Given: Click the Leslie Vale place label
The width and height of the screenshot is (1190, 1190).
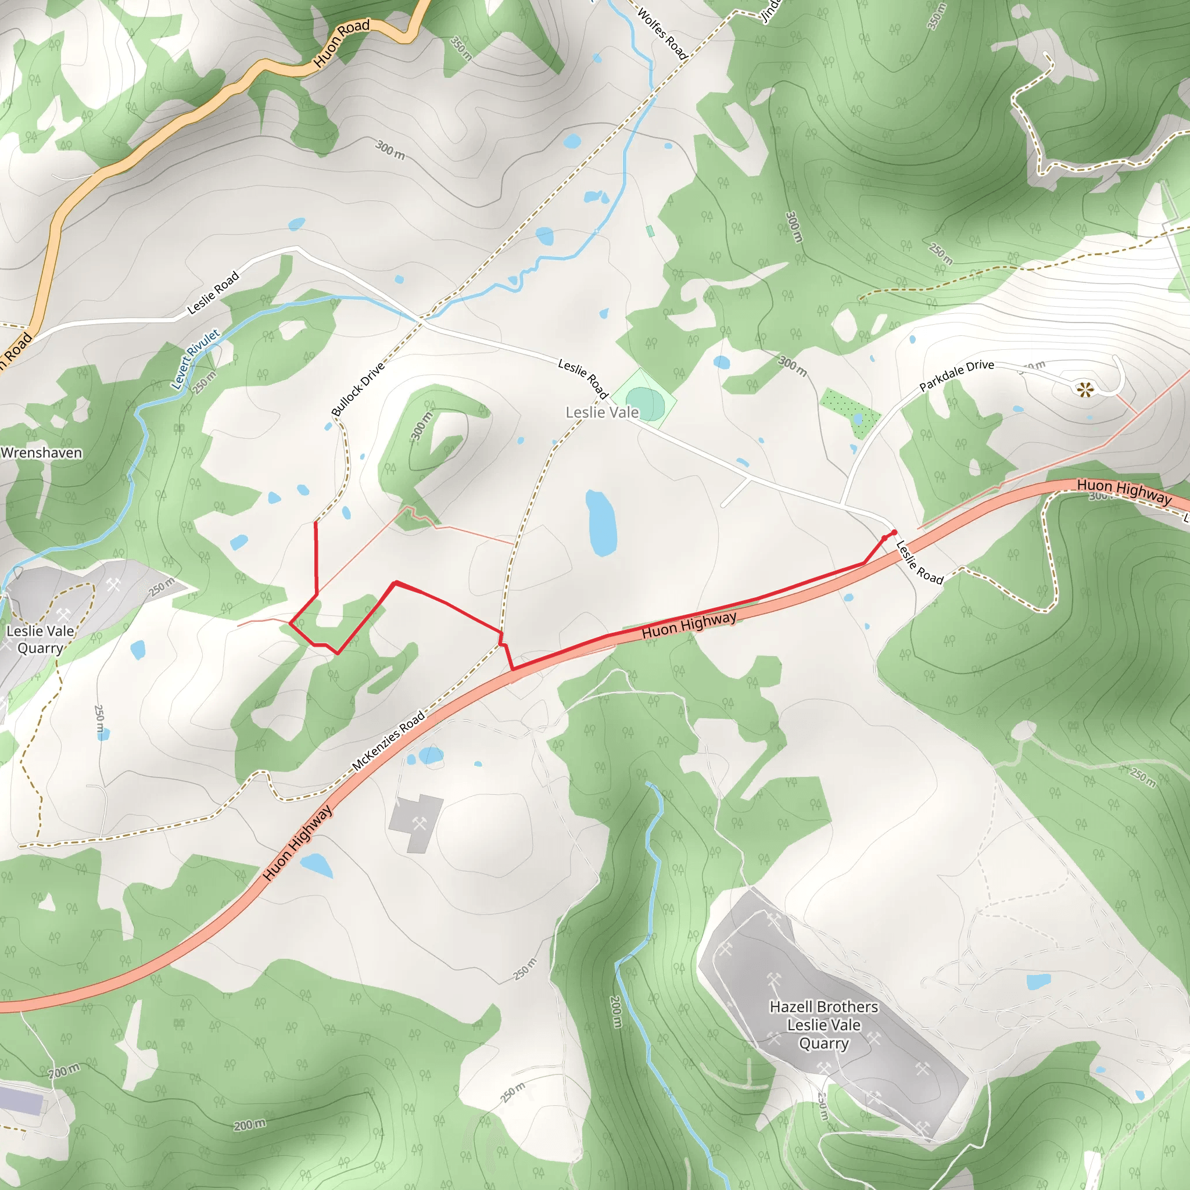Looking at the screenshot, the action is pos(602,412).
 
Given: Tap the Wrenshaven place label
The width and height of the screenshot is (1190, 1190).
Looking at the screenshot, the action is pos(41,453).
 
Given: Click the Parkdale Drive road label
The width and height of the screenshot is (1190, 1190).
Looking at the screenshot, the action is pos(956,375).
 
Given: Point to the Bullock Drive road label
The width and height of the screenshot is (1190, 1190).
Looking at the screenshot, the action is pos(358,389).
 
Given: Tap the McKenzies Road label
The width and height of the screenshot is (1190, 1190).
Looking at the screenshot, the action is pos(388,741).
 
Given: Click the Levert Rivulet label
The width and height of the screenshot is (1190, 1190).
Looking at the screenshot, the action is pos(195,359).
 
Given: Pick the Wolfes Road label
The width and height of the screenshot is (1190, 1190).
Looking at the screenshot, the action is pos(662,33).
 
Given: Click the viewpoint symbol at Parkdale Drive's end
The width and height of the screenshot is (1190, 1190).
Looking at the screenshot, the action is pos(1085,389).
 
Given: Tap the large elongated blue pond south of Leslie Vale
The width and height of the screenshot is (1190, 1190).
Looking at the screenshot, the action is pos(601,523).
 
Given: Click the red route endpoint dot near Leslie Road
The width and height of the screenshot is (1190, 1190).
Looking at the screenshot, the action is pos(894,532).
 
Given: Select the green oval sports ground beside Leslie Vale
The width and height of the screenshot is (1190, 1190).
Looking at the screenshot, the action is pos(645,403).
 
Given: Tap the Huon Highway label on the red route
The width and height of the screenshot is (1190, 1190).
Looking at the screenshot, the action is pos(689,625).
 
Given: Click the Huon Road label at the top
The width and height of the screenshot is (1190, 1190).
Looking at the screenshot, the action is pos(342,43).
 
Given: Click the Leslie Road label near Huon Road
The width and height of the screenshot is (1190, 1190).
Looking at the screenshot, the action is pos(213,293).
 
